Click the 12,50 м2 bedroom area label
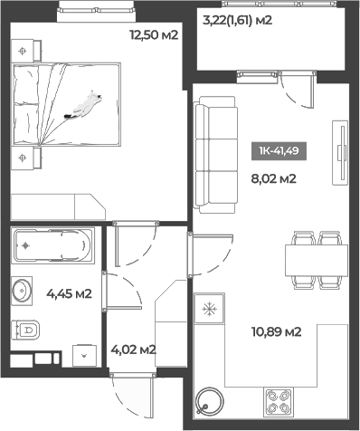tap(153, 35)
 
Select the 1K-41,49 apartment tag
tap(284, 151)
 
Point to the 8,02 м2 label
tap(273, 178)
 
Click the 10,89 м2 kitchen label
tap(276, 331)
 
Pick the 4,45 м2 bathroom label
tap(69, 292)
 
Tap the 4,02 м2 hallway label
tap(133, 350)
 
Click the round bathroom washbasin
tap(21, 292)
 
